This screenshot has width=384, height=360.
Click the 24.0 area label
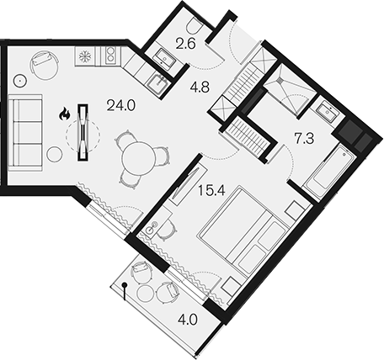coord(121,106)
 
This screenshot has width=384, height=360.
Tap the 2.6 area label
coord(185,44)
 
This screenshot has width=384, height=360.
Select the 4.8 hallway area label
coord(200,87)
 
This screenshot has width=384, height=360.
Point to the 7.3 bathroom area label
coord(304,139)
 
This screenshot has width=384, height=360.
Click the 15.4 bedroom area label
coord(211,191)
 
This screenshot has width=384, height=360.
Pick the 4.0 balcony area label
coord(188,320)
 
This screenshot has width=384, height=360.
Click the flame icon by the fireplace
coord(64,114)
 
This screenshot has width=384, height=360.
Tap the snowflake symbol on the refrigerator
coord(84,56)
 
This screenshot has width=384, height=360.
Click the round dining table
coord(138,159)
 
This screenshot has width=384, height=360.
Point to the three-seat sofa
coord(25,133)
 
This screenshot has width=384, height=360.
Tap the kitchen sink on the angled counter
coord(158,83)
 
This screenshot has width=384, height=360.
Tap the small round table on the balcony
coord(146,294)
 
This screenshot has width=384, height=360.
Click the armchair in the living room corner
coord(44,65)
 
